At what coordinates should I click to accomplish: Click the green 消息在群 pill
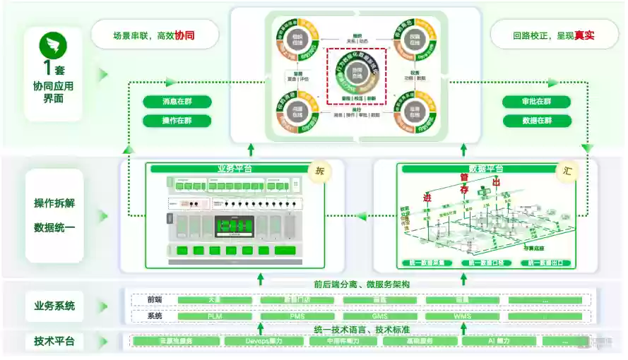[x=177, y=102]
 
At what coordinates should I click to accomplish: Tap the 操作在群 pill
[x=177, y=121]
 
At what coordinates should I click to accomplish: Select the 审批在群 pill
[x=536, y=102]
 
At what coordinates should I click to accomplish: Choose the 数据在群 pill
[x=536, y=121]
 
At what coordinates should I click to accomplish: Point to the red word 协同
[x=184, y=35]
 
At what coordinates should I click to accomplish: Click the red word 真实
[x=584, y=35]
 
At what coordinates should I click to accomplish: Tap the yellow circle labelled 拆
[x=319, y=171]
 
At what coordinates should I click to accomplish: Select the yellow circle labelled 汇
[x=565, y=171]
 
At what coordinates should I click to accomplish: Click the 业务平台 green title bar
[x=234, y=169]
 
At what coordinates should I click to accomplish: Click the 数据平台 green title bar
[x=481, y=169]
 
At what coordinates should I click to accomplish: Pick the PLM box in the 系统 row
[x=215, y=316]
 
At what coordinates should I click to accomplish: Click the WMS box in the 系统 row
[x=462, y=316]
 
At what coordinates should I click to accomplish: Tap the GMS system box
[x=379, y=316]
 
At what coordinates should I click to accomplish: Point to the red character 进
[x=427, y=198]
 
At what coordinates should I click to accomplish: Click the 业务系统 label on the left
[x=54, y=306]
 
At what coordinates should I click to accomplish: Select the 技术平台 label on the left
[x=54, y=342]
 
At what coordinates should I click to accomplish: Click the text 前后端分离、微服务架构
[x=362, y=284]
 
